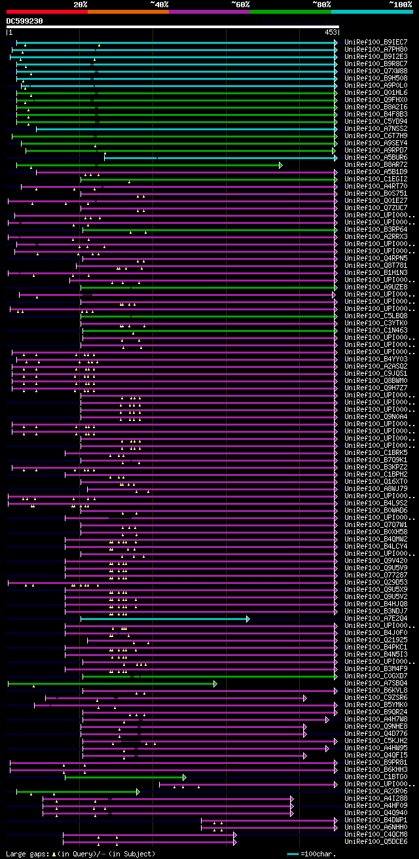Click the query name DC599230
pyautogui.click(x=24, y=21)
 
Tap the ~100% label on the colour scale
pyautogui.click(x=400, y=5)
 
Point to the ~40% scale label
pyautogui.click(x=159, y=5)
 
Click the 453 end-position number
pyautogui.click(x=331, y=31)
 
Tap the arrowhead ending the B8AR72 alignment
pyautogui.click(x=280, y=165)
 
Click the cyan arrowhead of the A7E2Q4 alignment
pyautogui.click(x=247, y=619)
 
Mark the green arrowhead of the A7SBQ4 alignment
pyautogui.click(x=215, y=684)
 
